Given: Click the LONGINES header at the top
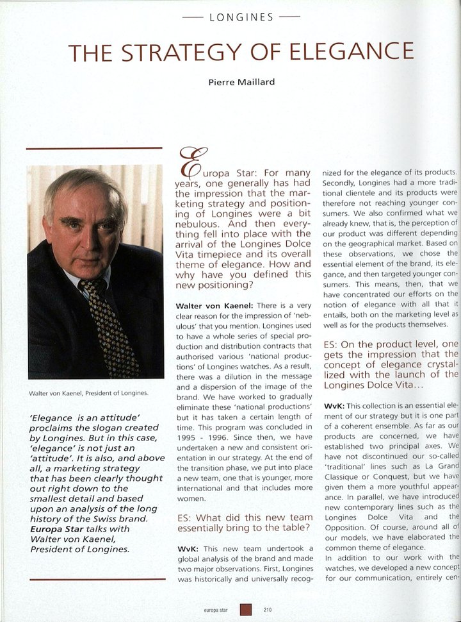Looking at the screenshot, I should coord(241,17).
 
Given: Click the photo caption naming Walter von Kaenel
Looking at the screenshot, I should coord(88,394).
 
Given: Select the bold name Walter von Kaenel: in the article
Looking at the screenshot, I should coord(211,306).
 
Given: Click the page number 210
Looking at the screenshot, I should coord(268,610).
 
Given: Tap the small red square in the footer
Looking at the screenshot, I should coord(246,610).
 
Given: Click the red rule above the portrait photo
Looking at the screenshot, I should coord(94,148).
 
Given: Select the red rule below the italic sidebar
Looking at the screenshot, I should coord(94,580).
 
